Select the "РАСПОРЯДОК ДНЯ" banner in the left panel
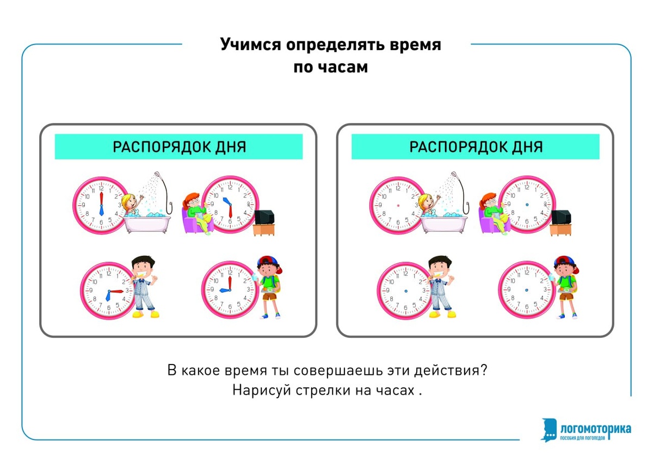178,147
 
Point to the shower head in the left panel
157,175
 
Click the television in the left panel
265,217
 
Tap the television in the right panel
561,217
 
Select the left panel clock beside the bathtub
101,205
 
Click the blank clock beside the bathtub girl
398,205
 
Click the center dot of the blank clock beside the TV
527,205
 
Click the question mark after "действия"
483,371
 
